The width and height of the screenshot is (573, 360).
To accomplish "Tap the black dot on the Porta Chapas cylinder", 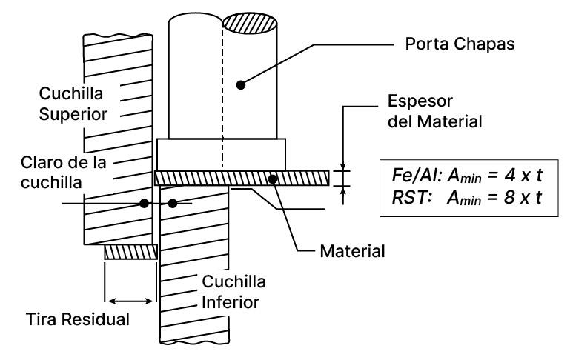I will click(x=241, y=84).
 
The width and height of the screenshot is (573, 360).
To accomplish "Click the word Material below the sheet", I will click(x=352, y=251).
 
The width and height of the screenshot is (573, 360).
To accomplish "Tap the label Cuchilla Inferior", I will click(x=233, y=290).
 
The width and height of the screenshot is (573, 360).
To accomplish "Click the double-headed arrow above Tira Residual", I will click(x=129, y=300).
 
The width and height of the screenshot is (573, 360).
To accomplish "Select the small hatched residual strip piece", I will click(x=130, y=253).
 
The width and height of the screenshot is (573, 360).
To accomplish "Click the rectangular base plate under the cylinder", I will click(x=221, y=154).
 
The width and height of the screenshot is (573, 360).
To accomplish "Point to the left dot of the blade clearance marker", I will click(x=145, y=202).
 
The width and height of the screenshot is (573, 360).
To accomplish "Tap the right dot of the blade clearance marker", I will click(x=173, y=204).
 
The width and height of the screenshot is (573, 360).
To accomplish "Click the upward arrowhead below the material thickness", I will click(x=343, y=190).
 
